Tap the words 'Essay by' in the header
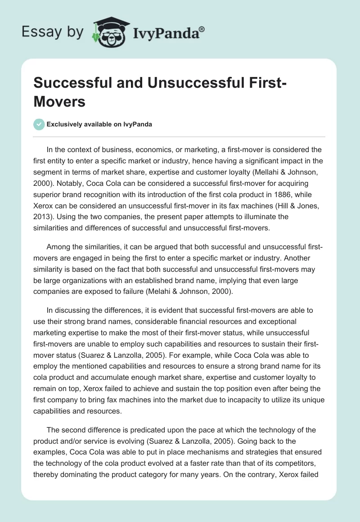[52, 32]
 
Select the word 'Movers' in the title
[59, 102]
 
